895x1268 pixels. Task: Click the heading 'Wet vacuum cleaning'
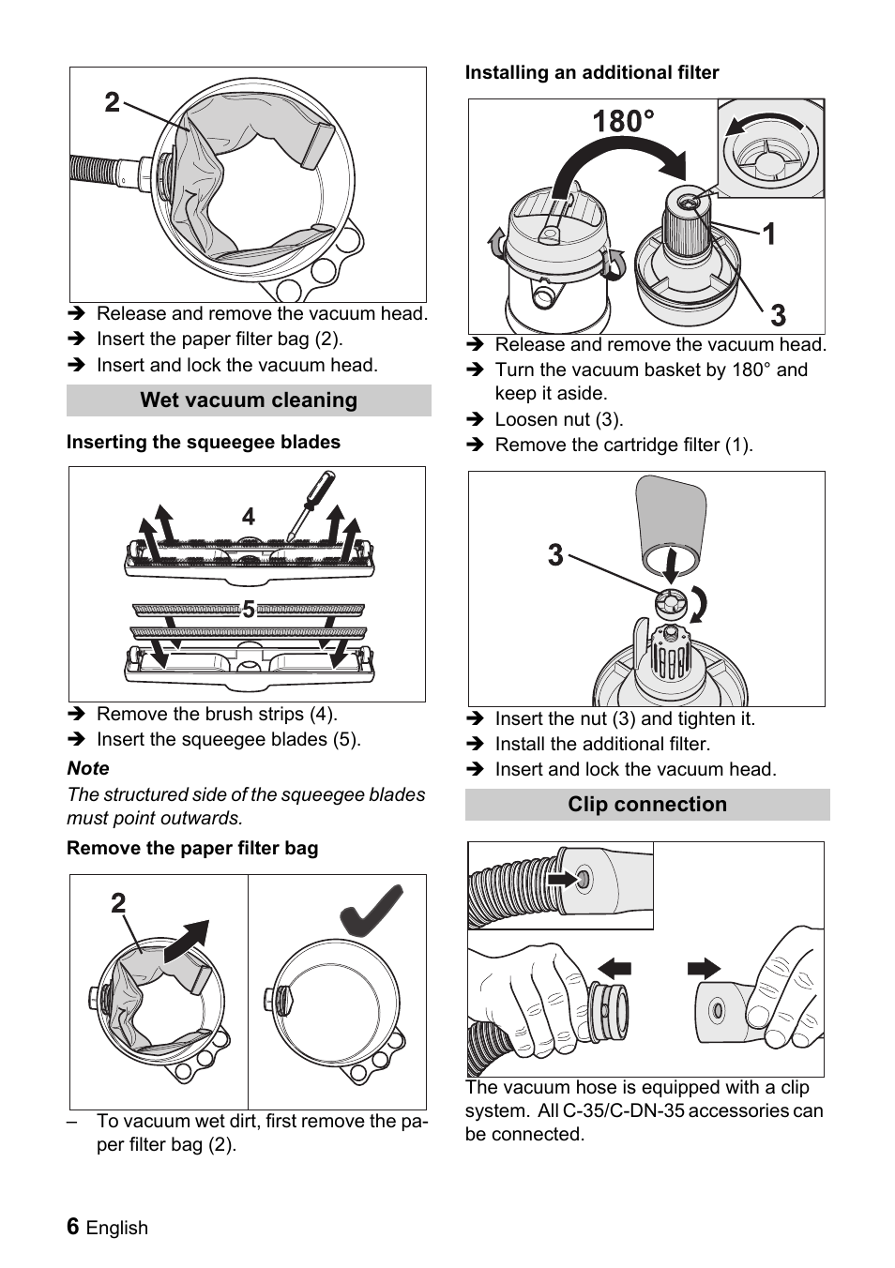[249, 400]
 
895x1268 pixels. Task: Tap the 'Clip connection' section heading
[647, 805]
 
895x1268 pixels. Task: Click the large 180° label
[623, 122]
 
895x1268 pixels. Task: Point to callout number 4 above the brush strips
[248, 517]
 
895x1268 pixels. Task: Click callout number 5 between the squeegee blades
[249, 611]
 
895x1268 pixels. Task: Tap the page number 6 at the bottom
[73, 1227]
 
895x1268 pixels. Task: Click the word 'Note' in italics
[88, 768]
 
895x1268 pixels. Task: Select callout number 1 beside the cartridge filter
[768, 234]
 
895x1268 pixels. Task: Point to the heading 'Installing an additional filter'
[592, 72]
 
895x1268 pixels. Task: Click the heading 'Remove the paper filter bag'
[192, 848]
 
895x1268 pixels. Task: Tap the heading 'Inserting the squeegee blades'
[204, 442]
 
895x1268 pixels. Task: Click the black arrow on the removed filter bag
[187, 942]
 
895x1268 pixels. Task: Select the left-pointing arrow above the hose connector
[614, 968]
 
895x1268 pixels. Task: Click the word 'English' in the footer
[117, 1228]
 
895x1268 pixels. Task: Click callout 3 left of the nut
[555, 555]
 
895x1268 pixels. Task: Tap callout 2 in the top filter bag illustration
[112, 102]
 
